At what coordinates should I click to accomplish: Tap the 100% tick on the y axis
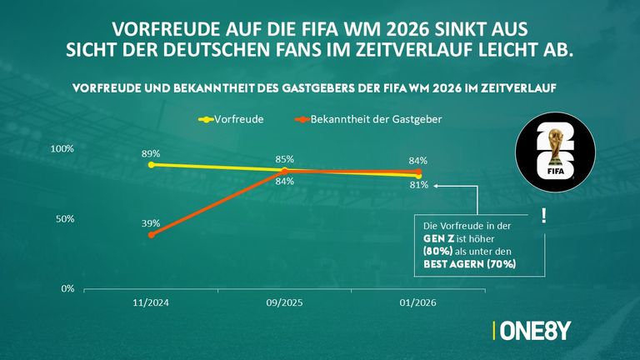pos(63,148)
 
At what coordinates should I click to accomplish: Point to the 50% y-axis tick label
pos(66,218)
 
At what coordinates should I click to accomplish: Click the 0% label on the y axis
pos(68,288)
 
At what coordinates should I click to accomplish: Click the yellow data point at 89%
pos(151,165)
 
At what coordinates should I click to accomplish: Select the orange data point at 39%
pos(151,235)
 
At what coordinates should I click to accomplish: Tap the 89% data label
pos(151,153)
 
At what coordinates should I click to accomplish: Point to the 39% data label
pos(151,223)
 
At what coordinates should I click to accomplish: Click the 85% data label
pos(284,159)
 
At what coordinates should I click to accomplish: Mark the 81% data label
pos(418,185)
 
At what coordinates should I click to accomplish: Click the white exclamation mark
pos(543,216)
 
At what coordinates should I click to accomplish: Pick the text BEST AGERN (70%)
pos(468,263)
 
